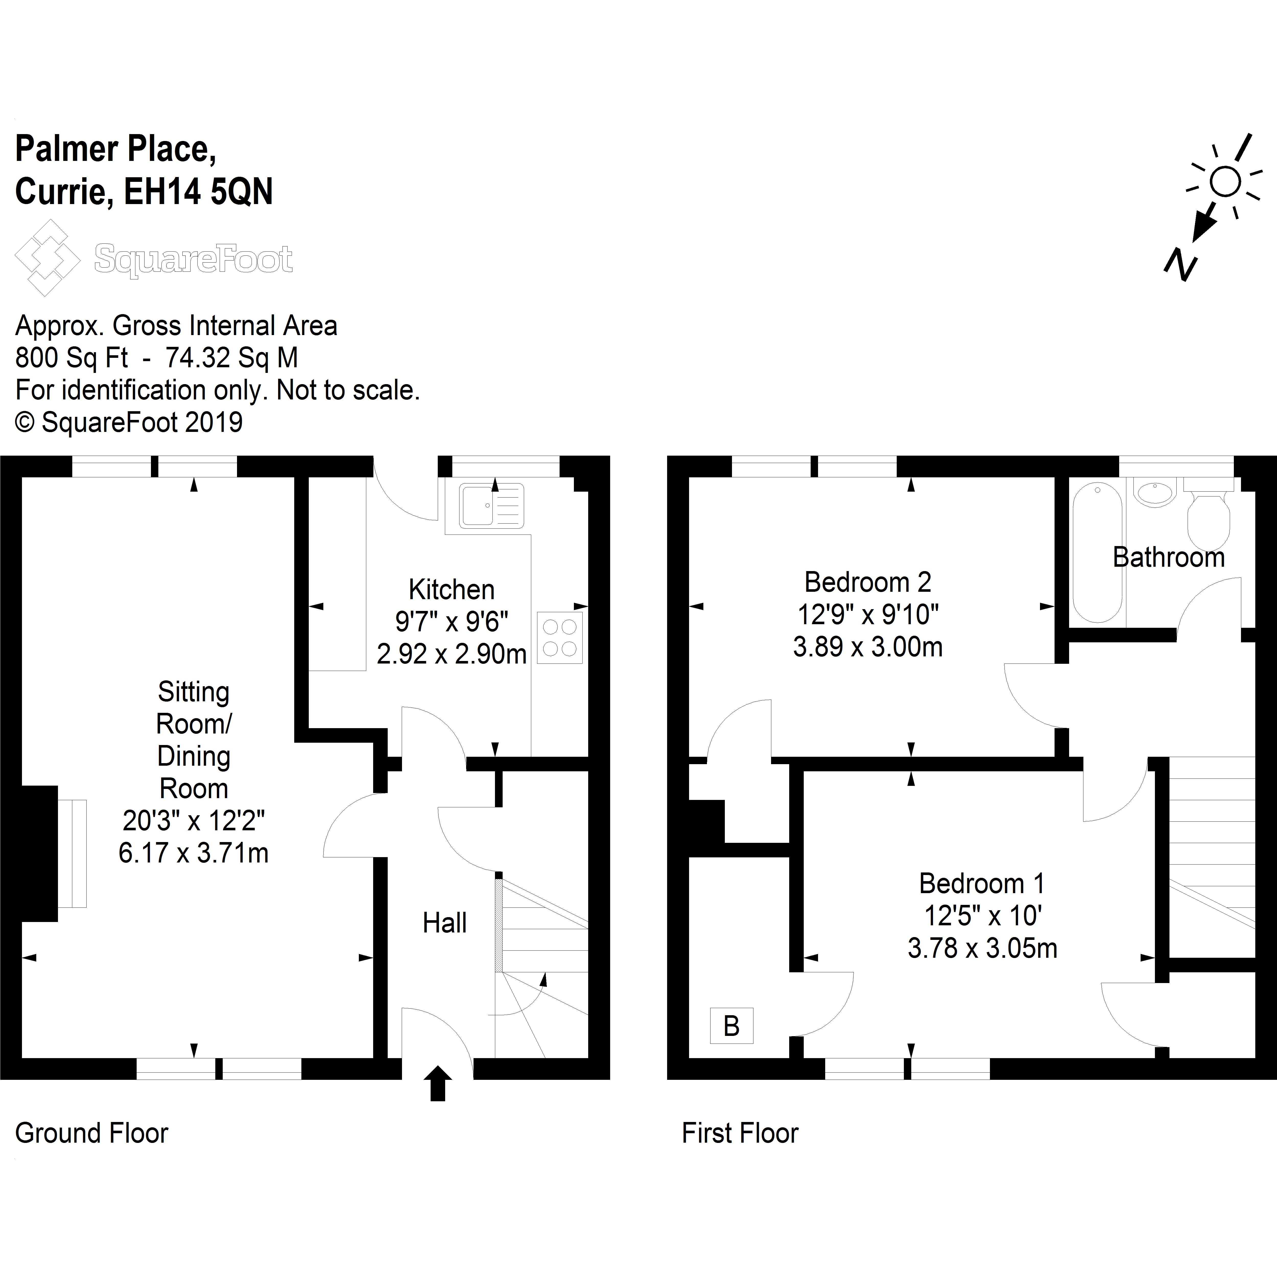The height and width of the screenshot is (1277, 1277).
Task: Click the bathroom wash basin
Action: point(1155,492)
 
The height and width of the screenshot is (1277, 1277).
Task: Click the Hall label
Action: point(444,923)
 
